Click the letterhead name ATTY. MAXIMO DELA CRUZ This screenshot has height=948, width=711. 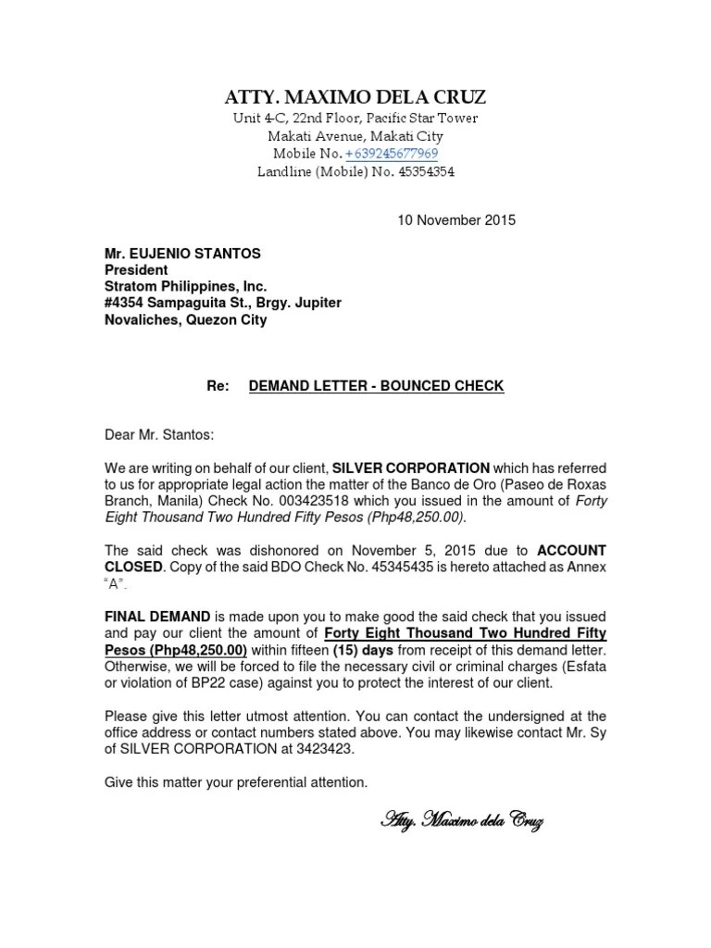pyautogui.click(x=355, y=97)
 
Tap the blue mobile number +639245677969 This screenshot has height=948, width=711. pyautogui.click(x=392, y=154)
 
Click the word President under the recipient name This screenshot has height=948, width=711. pyautogui.click(x=135, y=269)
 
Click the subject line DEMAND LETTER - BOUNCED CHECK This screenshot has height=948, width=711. pyautogui.click(x=376, y=386)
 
